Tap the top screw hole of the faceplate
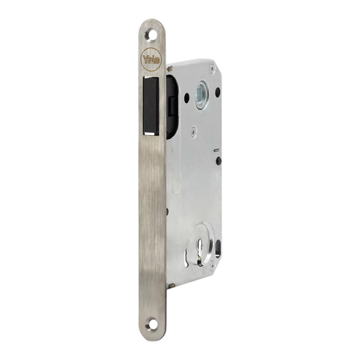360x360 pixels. point(151,34)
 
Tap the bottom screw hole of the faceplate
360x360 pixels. point(151,325)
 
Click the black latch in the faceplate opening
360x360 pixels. point(151,106)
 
